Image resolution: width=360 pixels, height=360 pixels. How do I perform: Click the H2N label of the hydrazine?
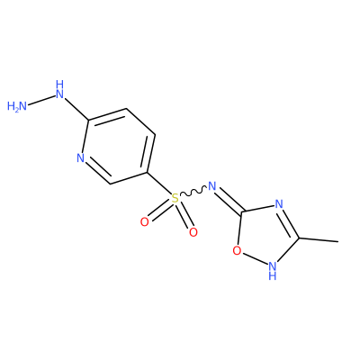click(17, 106)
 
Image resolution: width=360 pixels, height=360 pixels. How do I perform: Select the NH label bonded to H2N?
click(60, 89)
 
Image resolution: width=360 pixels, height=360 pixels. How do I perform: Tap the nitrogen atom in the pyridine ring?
click(80, 157)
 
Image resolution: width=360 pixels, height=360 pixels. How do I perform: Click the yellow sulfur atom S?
click(175, 198)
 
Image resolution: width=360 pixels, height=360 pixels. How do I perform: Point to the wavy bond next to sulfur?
click(193, 192)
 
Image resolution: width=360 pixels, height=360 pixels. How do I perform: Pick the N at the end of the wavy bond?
click(211, 186)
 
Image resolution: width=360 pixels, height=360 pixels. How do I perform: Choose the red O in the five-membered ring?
click(237, 250)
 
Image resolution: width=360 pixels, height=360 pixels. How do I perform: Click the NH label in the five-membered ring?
click(273, 270)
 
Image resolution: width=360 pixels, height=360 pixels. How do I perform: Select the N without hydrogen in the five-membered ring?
click(279, 204)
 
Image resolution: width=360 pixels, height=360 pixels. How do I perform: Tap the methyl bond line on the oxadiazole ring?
click(319, 239)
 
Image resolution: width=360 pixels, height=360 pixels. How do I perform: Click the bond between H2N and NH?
click(41, 101)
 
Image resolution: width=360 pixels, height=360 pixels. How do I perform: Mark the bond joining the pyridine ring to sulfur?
click(158, 184)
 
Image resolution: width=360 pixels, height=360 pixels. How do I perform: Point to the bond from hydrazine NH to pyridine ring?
click(77, 109)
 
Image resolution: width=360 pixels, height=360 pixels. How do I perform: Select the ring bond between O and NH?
click(255, 258)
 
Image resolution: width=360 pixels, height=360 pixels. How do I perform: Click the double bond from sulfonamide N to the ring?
click(229, 201)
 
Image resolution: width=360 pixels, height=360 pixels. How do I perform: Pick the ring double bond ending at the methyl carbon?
click(288, 223)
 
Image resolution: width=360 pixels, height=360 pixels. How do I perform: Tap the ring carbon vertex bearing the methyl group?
click(299, 238)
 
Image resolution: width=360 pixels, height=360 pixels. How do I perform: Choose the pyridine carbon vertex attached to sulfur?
click(147, 173)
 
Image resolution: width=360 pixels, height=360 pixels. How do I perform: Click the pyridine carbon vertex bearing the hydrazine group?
click(88, 121)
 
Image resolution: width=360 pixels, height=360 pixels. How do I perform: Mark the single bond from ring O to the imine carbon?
click(240, 228)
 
